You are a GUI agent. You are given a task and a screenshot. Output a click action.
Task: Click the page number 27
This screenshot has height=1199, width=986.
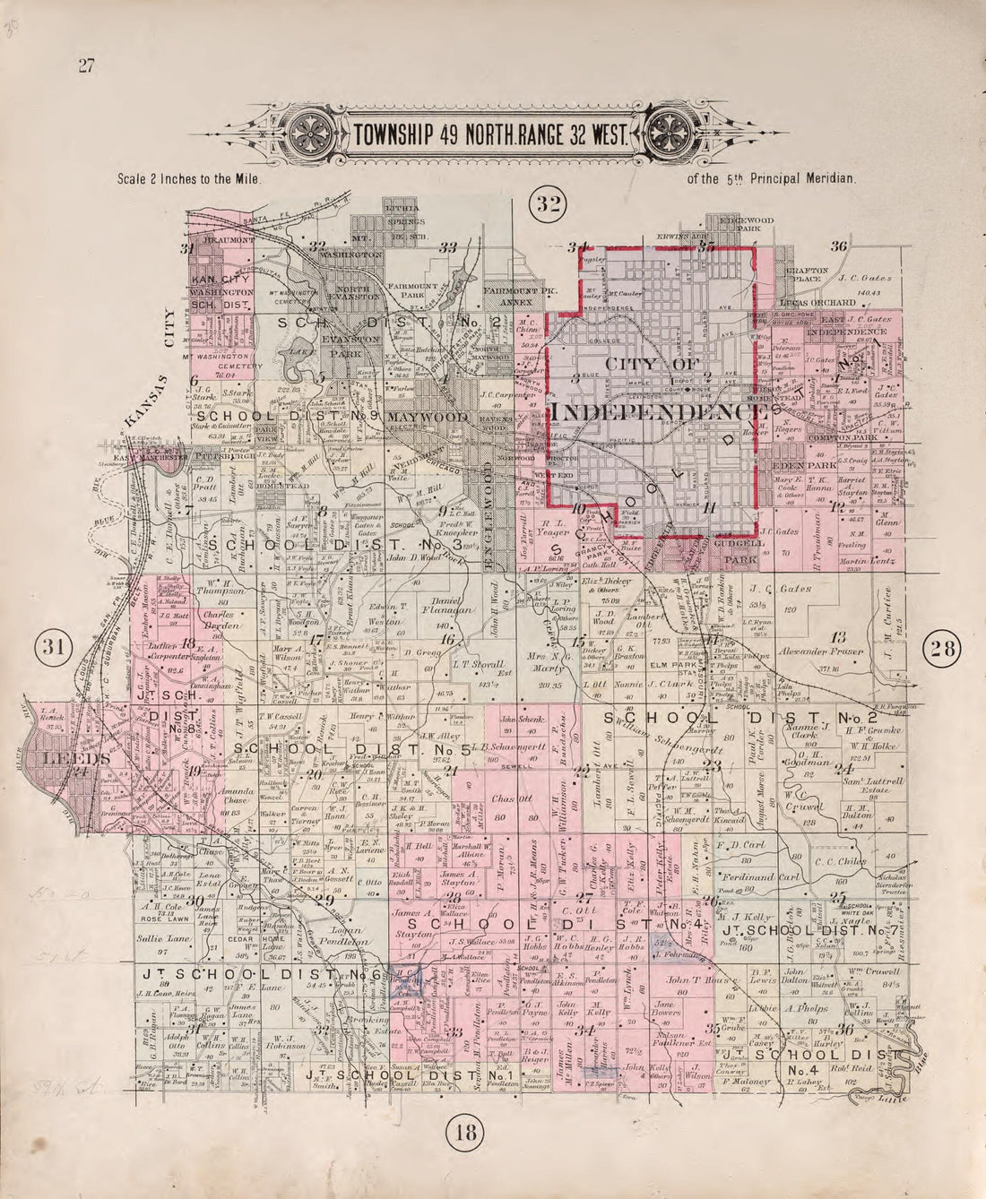86,65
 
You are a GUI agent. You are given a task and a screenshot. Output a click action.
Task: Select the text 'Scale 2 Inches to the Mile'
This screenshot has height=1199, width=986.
188,178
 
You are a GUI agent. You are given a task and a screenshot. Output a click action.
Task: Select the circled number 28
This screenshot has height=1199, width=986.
943,647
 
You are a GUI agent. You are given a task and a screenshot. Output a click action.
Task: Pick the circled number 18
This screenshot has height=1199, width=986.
464,1132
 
